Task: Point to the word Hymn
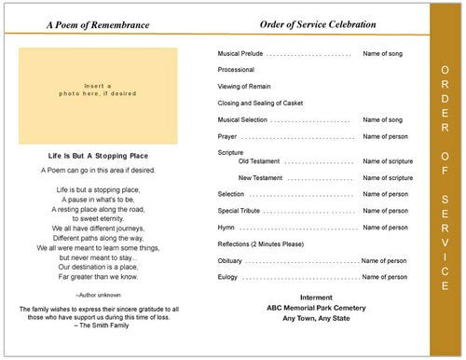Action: click(225, 227)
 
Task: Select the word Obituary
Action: click(229, 261)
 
